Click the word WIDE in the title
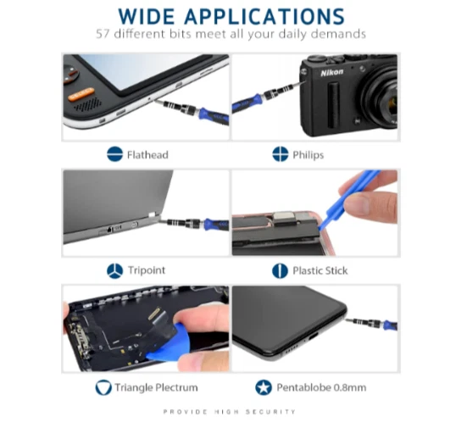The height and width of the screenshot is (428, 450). pos(147,16)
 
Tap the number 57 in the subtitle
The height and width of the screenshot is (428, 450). pos(103,34)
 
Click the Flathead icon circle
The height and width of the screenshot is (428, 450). pos(114,154)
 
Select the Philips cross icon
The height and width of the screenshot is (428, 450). pos(281,154)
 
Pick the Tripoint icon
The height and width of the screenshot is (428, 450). pos(114,270)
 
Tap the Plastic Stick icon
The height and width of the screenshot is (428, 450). pos(280,270)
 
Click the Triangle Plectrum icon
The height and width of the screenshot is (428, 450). pos(103,387)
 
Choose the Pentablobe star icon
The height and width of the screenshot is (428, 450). pos(264,387)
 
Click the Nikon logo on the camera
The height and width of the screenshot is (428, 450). pos(331,72)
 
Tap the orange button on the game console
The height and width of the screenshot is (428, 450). pos(81,94)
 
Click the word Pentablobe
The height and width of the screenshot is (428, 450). pos(303,387)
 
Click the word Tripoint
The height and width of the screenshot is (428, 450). pos(147,270)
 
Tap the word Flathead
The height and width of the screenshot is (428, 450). pos(147,155)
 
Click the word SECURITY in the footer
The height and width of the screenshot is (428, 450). pos(270,412)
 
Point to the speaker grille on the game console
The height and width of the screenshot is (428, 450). pos(87,105)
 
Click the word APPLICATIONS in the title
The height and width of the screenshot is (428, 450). pos(264,16)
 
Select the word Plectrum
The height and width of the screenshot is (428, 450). pos(176,387)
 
